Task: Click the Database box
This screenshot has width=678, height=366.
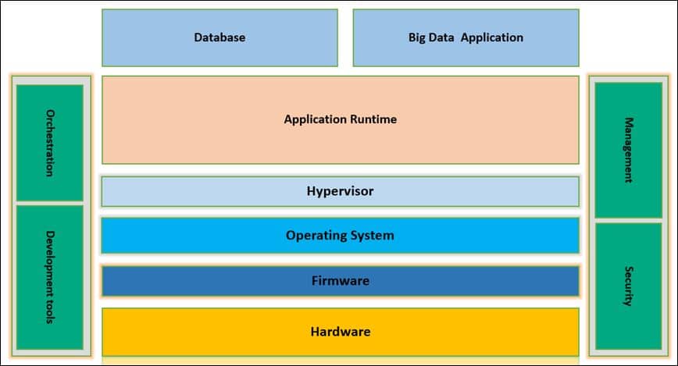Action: (x=219, y=37)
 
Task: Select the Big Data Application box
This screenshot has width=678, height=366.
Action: (x=466, y=37)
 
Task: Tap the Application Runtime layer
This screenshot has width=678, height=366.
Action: (x=340, y=119)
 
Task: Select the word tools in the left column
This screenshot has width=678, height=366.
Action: (x=49, y=314)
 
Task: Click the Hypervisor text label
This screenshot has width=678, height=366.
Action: (x=340, y=191)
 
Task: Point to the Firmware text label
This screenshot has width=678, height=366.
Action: (x=340, y=281)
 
